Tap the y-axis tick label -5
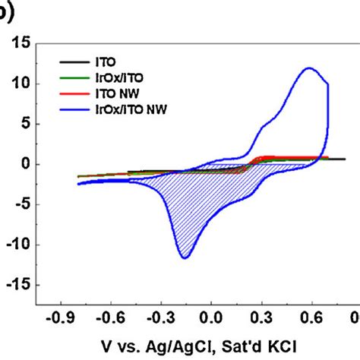tap(19, 204)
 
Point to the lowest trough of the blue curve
tap(185, 258)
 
